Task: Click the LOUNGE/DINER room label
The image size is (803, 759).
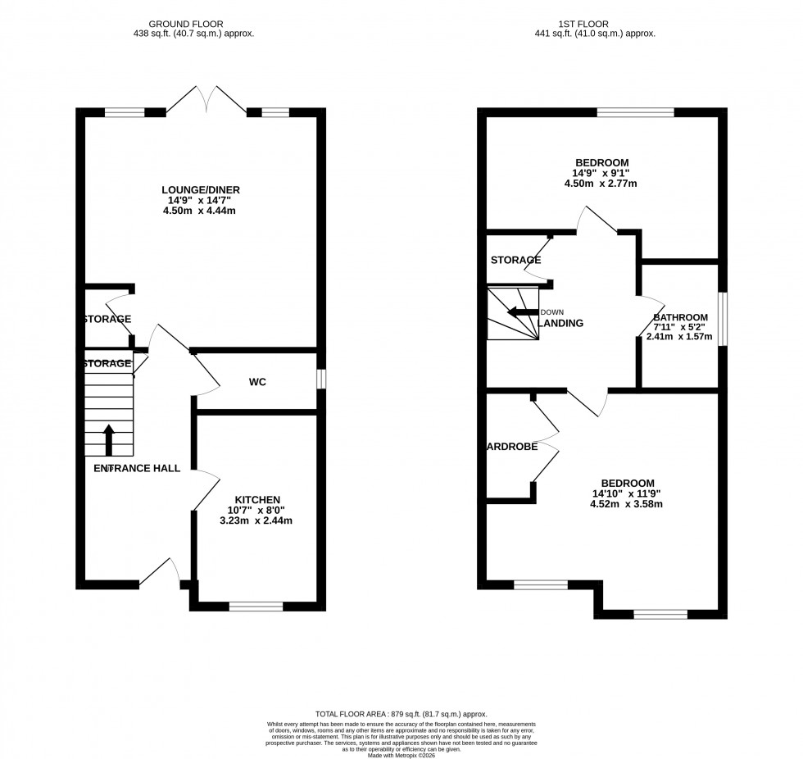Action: click(201, 189)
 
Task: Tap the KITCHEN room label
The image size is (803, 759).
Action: click(258, 499)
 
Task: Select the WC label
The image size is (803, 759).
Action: click(257, 382)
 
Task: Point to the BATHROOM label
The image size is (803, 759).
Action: click(680, 317)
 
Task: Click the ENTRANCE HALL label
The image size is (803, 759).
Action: click(137, 468)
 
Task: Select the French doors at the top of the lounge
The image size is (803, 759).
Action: click(208, 100)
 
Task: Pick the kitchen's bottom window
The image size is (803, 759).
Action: click(256, 607)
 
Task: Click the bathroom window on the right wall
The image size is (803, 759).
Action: click(723, 318)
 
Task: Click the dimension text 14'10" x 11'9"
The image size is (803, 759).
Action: click(627, 493)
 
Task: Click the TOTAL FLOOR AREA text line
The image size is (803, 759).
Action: click(401, 715)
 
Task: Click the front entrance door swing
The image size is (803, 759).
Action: click(160, 577)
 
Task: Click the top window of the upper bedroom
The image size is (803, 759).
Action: click(635, 113)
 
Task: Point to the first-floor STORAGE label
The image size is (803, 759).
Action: click(515, 260)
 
